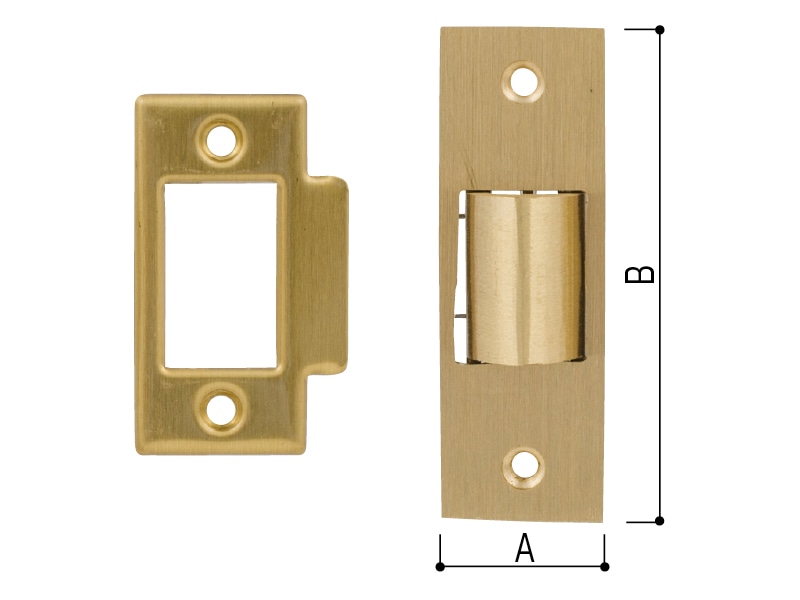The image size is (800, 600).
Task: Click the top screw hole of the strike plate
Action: [x=221, y=140]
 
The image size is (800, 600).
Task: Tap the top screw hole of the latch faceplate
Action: [x=522, y=82]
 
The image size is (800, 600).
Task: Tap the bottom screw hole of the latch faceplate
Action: [x=522, y=467]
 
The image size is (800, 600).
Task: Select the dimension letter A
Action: [x=524, y=548]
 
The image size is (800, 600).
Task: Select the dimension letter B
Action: [x=639, y=274]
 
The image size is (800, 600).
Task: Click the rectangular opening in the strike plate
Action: [x=220, y=275]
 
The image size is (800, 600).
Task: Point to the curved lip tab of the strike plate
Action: [x=328, y=276]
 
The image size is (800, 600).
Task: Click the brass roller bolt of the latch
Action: [x=526, y=278]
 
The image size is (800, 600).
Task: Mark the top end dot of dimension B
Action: [x=660, y=30]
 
